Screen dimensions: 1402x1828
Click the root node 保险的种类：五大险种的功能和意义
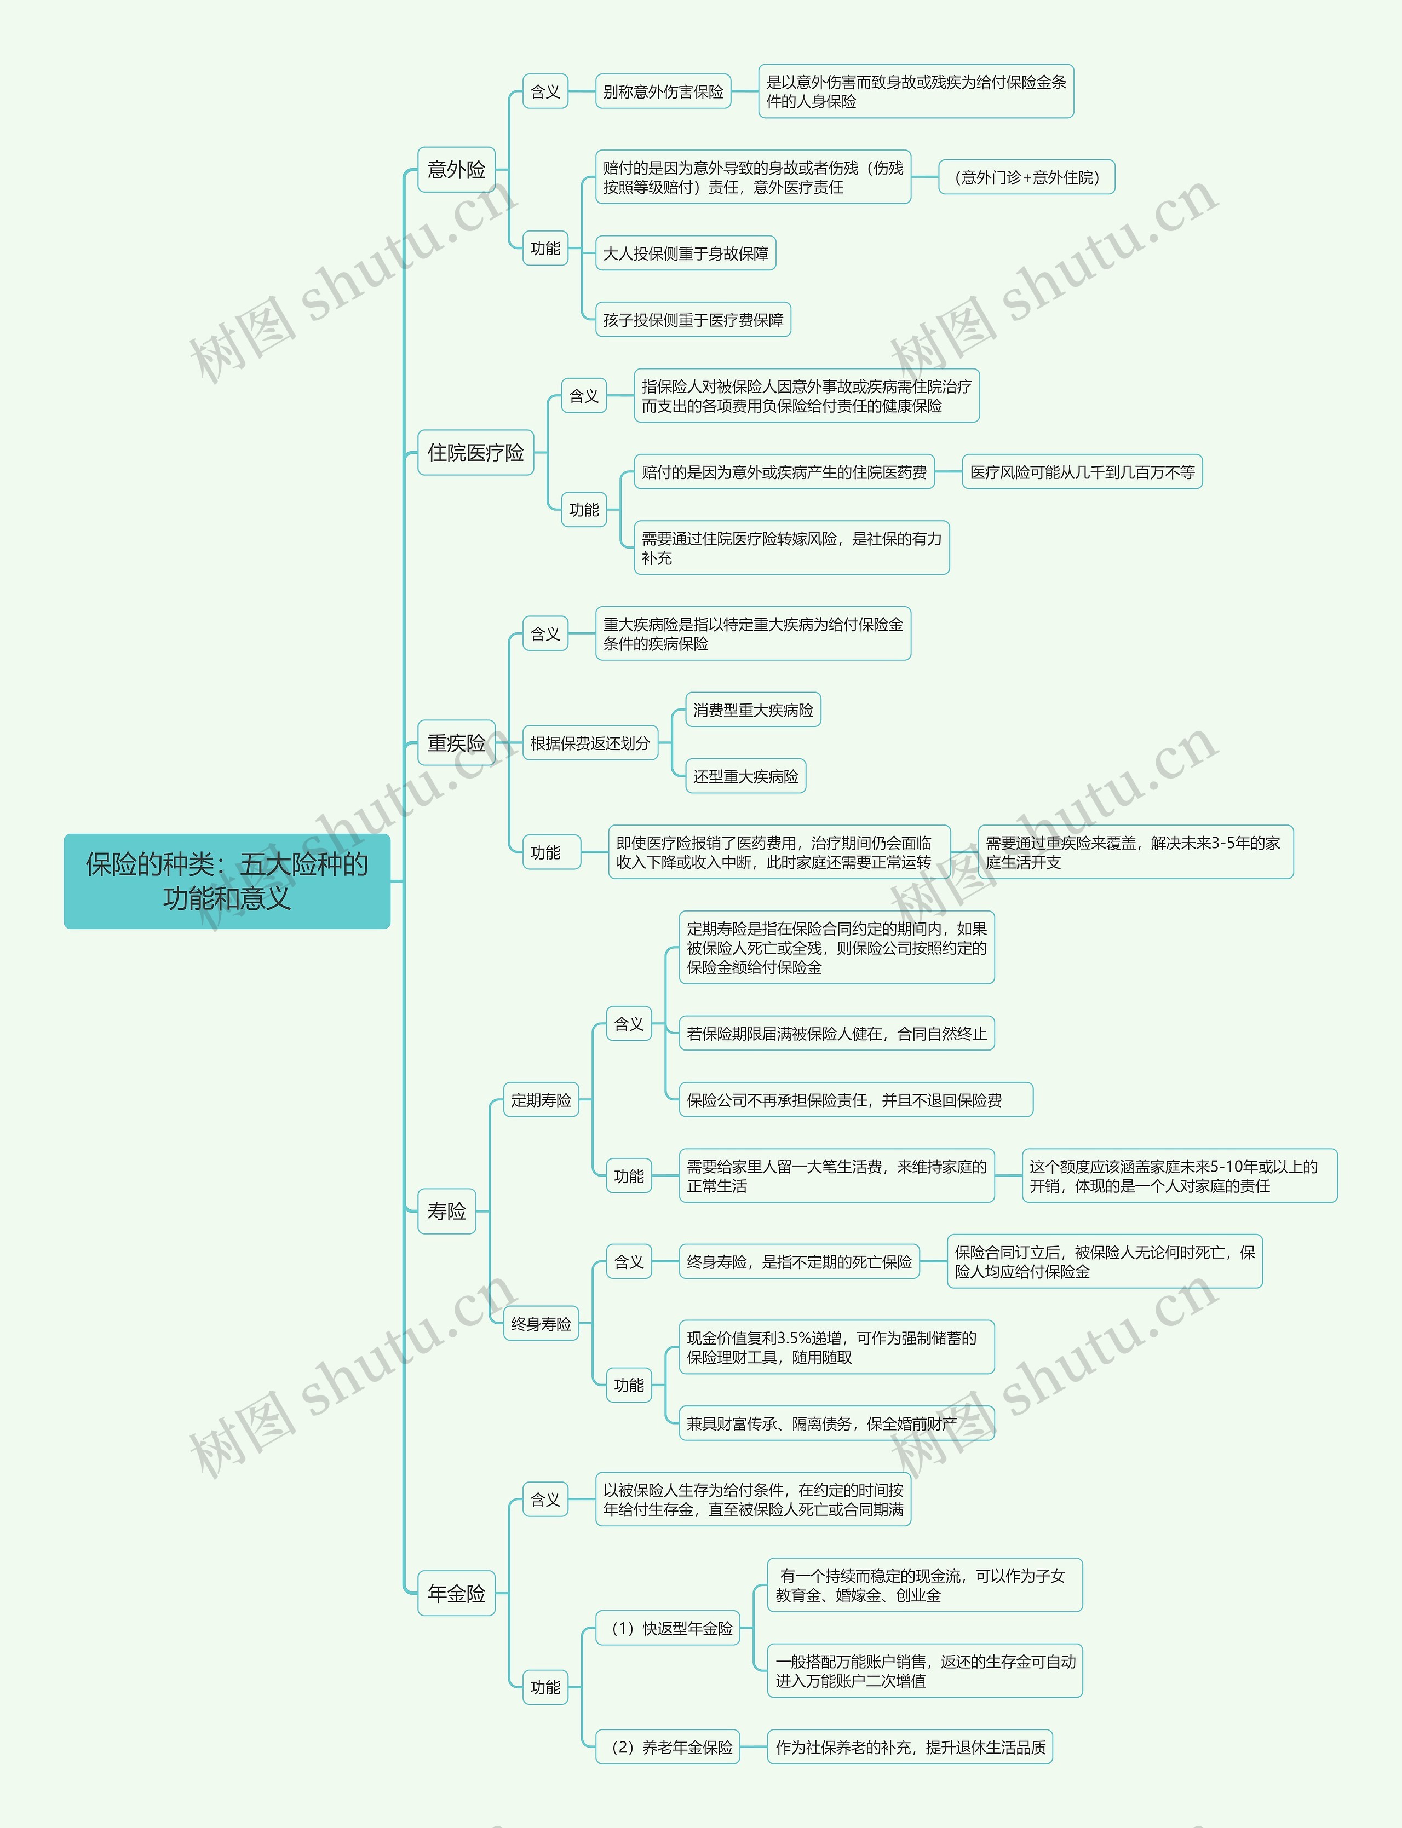click(x=226, y=880)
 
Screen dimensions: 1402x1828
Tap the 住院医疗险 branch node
click(x=475, y=452)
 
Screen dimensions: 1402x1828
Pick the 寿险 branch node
click(x=446, y=1210)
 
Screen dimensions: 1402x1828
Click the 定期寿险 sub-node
click(x=541, y=1100)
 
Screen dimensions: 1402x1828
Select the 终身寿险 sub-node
click(x=541, y=1323)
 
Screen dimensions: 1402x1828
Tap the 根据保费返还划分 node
click(x=589, y=742)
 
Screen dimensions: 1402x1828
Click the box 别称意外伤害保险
click(x=663, y=92)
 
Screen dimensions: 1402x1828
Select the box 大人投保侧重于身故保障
click(x=685, y=253)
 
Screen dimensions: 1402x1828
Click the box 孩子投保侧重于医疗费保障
click(x=693, y=320)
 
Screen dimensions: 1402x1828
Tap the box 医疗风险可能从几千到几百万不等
click(x=1082, y=472)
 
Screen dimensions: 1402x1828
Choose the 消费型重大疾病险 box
click(x=752, y=710)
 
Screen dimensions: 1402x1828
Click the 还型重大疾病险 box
click(x=745, y=776)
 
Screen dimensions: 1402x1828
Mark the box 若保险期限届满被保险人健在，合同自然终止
click(x=836, y=1034)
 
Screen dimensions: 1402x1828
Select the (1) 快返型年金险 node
click(x=668, y=1628)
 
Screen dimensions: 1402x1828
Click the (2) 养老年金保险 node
click(x=668, y=1746)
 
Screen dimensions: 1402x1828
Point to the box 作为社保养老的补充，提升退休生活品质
click(x=910, y=1746)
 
